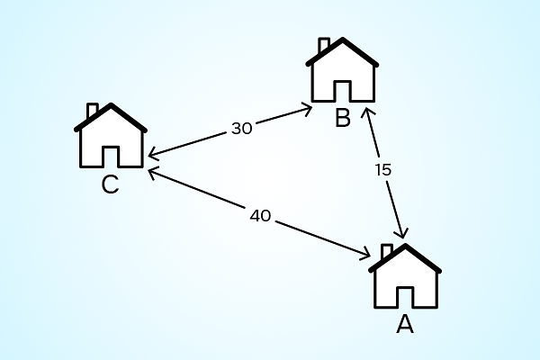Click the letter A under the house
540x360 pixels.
[405, 324]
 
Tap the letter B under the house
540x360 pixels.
[343, 118]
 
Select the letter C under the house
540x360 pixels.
[110, 184]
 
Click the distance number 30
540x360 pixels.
[242, 129]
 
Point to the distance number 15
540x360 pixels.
[383, 170]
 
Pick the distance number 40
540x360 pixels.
[260, 216]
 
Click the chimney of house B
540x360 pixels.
[324, 45]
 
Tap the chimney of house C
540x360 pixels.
[93, 110]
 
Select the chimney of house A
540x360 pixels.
[387, 251]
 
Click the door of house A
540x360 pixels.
[405, 297]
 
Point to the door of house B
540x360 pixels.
[343, 91]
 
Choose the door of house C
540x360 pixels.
[111, 157]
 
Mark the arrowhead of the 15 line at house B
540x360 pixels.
[365, 109]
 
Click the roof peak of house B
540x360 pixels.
[343, 39]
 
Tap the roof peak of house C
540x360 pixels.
[111, 104]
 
